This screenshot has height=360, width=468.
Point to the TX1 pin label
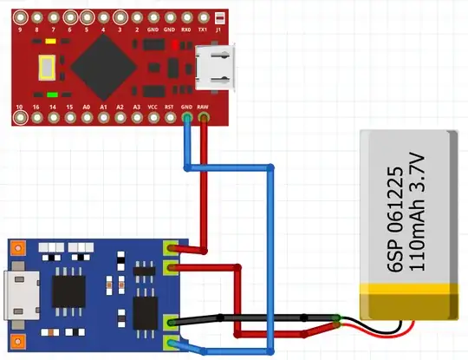coord(203,28)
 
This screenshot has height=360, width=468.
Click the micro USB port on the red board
coord(214,68)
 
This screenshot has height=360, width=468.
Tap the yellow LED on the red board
coord(52,41)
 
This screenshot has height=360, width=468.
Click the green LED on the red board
coord(52,94)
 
